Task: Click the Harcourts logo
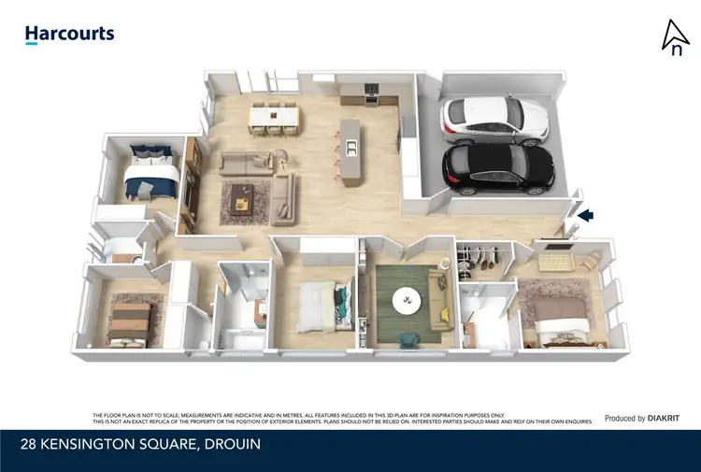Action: [69, 35]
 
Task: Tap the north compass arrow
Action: [673, 37]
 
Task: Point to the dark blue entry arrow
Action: [586, 216]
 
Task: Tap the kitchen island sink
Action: [351, 147]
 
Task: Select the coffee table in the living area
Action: [245, 198]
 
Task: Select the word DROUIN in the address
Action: [230, 445]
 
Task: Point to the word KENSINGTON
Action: [92, 445]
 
